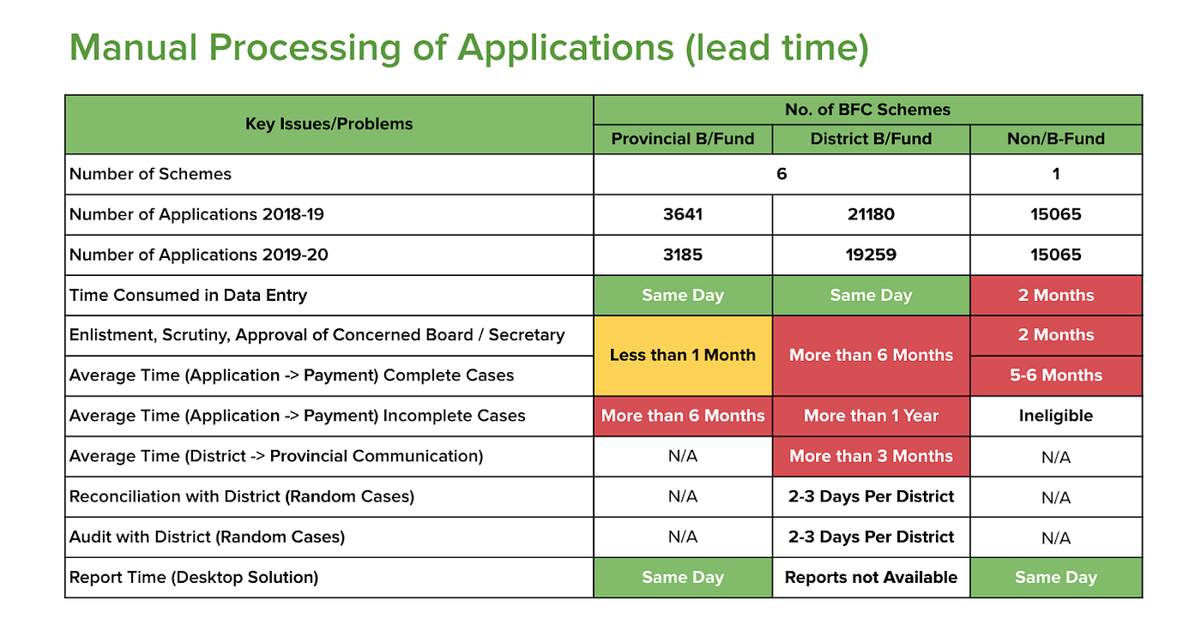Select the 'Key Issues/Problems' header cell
click(329, 124)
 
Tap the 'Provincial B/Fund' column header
click(683, 139)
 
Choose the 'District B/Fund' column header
click(871, 139)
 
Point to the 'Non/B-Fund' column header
click(1056, 139)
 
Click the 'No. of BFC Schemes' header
click(867, 110)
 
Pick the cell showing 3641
click(683, 214)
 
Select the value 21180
click(871, 214)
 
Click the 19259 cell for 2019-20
click(871, 255)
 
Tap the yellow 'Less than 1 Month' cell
click(683, 355)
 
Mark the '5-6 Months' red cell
click(1056, 375)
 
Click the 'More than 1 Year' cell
click(871, 416)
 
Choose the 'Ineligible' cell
click(1056, 416)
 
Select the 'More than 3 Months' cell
click(871, 456)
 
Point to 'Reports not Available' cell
click(871, 578)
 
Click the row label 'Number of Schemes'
click(150, 174)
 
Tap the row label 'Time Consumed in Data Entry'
click(188, 295)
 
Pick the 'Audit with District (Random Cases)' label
click(207, 537)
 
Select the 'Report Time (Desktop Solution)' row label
click(194, 578)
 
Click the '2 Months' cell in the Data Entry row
click(1056, 295)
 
